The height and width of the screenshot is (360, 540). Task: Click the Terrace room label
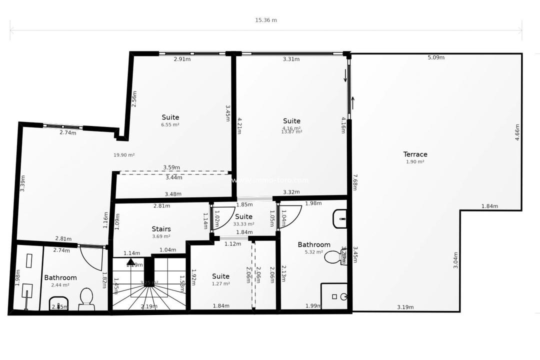pos(415,154)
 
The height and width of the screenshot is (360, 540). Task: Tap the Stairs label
pos(161,229)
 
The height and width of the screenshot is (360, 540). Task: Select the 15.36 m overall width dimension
pos(265,20)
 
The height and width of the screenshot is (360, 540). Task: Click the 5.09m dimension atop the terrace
pos(436,57)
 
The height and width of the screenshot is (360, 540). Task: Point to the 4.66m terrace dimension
pos(517,132)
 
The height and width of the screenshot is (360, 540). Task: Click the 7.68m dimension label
pos(355,182)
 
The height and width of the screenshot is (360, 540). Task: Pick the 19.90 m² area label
pos(124,155)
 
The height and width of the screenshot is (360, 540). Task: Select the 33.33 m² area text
pos(243,224)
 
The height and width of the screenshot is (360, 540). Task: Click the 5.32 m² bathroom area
pos(314,252)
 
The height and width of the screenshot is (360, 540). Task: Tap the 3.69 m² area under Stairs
pos(161,236)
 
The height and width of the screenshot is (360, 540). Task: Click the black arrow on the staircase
pos(130,261)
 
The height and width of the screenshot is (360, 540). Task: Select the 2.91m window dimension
pos(182,59)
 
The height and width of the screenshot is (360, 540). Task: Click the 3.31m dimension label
pos(291,59)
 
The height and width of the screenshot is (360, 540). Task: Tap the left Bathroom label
pos(60,277)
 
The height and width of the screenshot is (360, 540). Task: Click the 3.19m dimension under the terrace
pos(405,307)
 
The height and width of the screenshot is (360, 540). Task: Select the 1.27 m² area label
pos(220,284)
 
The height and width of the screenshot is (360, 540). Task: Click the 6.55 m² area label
pos(170,125)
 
